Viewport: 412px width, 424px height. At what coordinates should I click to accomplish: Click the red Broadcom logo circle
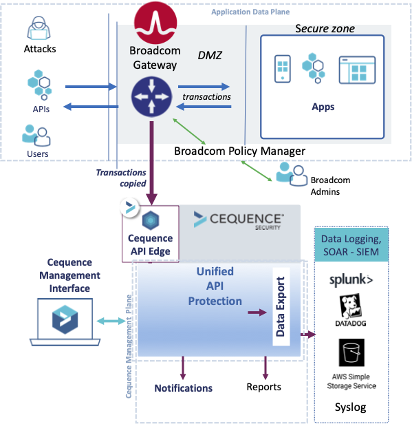click(155, 23)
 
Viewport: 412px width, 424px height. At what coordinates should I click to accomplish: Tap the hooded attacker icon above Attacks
click(39, 28)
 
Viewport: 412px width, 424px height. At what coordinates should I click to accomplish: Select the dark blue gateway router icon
click(151, 96)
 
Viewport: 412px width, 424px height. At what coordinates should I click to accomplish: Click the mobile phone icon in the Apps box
click(283, 69)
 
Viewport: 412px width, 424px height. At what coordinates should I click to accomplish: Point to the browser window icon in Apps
click(357, 70)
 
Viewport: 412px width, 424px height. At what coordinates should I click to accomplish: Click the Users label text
click(38, 154)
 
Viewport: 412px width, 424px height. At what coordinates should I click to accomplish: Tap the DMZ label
click(210, 56)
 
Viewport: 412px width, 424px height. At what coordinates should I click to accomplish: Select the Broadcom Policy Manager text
click(239, 151)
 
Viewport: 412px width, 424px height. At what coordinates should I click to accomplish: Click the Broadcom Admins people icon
click(292, 174)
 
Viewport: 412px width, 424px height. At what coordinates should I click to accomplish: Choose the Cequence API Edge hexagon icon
click(151, 220)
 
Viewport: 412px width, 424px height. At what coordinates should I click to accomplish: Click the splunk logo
click(351, 280)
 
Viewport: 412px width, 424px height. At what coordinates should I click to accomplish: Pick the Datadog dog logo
click(351, 307)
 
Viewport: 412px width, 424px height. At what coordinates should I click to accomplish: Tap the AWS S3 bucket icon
click(351, 352)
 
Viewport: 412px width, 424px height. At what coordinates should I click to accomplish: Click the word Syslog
click(350, 407)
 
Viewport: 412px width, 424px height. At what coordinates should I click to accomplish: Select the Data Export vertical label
click(281, 307)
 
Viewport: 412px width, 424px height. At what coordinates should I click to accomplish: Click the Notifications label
click(184, 388)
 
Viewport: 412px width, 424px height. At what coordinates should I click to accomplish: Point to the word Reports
click(263, 388)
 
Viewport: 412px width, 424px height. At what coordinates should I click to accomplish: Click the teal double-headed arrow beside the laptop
click(111, 321)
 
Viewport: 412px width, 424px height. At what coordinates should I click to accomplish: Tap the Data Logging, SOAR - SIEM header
click(351, 245)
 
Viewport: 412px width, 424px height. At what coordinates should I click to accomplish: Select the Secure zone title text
click(325, 29)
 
